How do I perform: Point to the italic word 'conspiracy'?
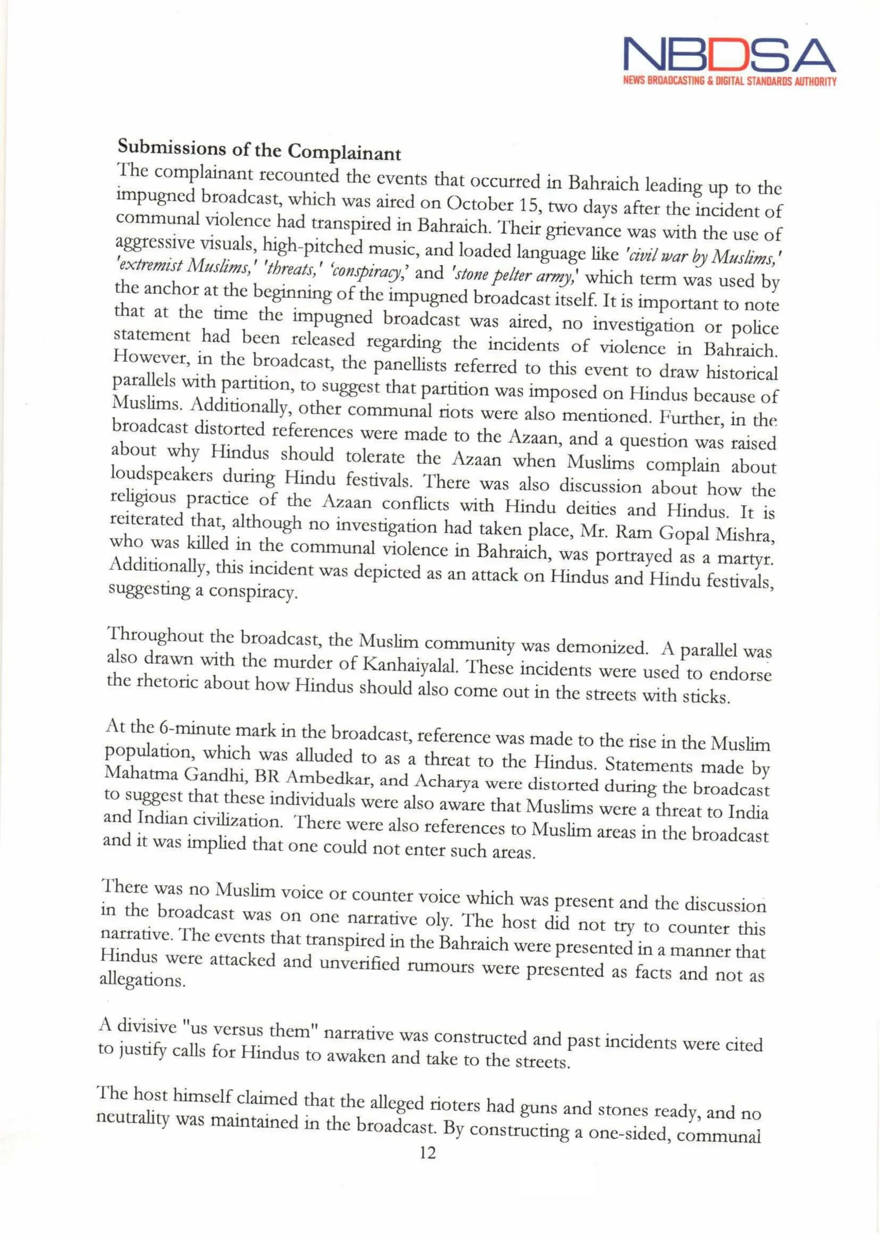click(x=370, y=271)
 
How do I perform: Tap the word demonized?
click(x=602, y=647)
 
